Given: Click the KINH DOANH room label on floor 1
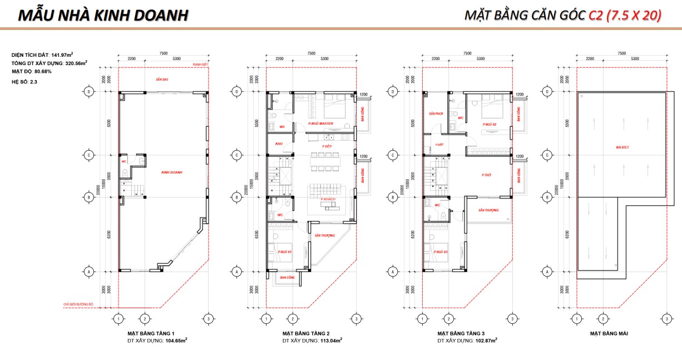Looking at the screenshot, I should click(172, 172).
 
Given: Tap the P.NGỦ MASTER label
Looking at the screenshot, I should click(320, 124).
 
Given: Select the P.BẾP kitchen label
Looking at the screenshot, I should click(327, 147).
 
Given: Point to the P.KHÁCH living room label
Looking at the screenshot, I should click(328, 199).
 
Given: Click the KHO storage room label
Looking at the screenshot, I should click(279, 144).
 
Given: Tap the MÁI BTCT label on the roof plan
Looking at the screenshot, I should click(621, 147).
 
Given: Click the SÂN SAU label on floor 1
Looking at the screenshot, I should click(162, 80).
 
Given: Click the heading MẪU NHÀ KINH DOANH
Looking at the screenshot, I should click(103, 16).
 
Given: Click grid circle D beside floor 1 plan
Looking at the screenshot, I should click(88, 91).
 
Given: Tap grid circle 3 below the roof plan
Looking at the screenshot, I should click(666, 319).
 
